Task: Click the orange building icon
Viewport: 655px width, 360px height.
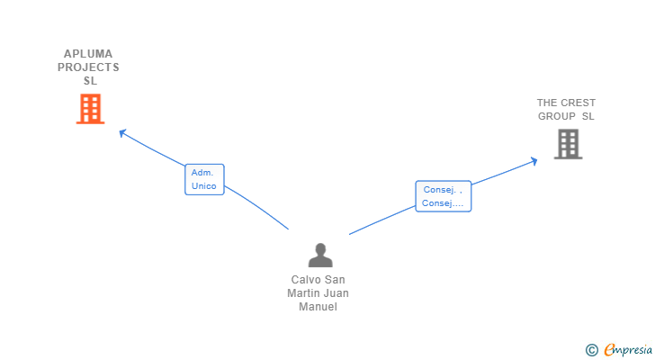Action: (x=90, y=109)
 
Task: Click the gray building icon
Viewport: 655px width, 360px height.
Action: (x=568, y=144)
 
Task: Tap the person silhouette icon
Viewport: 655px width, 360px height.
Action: (x=320, y=255)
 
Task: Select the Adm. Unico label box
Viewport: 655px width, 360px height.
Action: (x=205, y=179)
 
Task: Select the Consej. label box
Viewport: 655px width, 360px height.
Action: (x=444, y=196)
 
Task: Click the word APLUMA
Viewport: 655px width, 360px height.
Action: (x=88, y=54)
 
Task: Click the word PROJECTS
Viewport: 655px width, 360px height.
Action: (x=88, y=67)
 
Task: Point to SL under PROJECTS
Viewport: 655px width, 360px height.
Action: (x=90, y=81)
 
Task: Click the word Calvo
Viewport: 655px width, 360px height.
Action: (x=305, y=279)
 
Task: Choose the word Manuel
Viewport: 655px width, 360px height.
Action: (x=318, y=307)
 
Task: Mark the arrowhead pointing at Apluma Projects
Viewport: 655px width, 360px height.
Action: (x=122, y=133)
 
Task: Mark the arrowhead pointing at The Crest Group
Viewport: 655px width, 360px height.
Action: (x=534, y=161)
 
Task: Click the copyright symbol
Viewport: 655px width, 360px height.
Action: (x=592, y=350)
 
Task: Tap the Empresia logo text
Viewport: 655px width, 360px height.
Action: (x=628, y=350)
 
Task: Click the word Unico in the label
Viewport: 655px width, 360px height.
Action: (x=204, y=186)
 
